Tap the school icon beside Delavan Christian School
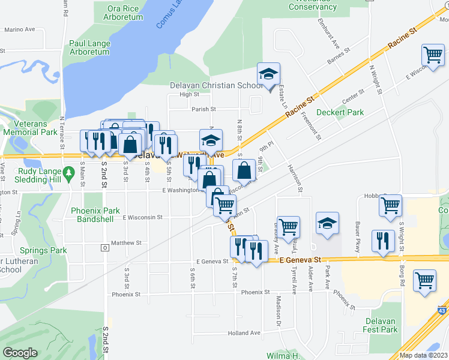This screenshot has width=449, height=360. (x=268, y=74)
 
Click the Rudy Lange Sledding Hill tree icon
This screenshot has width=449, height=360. (x=70, y=173)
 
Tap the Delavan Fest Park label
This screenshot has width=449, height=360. (x=381, y=325)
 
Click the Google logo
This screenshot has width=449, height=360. (x=20, y=353)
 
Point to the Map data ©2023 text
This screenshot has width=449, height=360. (x=423, y=355)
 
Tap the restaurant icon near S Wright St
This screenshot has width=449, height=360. (x=383, y=240)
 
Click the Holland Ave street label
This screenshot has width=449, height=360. (x=244, y=332)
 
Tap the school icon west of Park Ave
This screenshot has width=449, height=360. (x=327, y=224)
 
